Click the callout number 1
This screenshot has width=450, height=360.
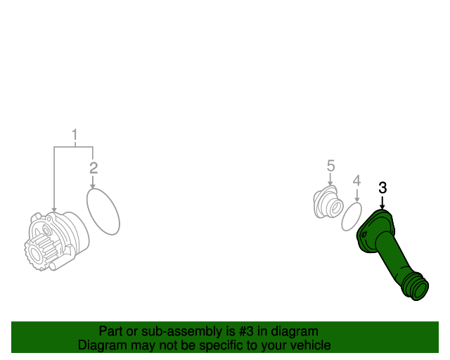75,134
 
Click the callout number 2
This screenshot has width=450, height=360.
94,168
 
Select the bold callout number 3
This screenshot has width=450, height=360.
382,188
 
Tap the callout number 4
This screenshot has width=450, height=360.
356,181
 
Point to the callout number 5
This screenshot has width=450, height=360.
330,166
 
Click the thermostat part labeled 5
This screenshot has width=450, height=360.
328,202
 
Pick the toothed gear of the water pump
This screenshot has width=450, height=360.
41,252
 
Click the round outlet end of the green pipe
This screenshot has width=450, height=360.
418,290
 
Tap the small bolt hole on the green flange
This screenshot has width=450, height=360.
364,235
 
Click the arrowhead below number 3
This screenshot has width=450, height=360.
382,207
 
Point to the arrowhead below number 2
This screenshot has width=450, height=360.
92,186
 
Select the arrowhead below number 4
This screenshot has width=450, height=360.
356,200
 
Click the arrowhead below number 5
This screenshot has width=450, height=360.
330,184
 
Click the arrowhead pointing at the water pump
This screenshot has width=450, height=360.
54,210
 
